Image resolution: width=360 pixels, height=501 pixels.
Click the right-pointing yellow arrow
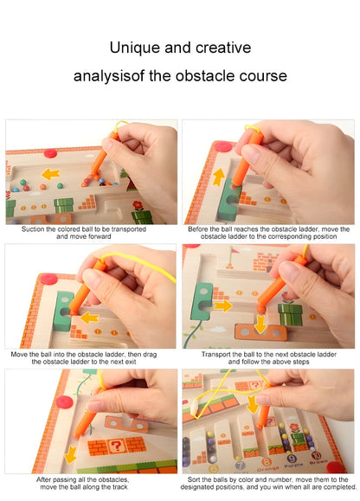pyautogui.click(x=222, y=305)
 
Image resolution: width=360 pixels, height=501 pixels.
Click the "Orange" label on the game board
pyautogui.click(x=269, y=467)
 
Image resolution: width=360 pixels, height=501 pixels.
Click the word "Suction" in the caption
pyautogui.click(x=42, y=228)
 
